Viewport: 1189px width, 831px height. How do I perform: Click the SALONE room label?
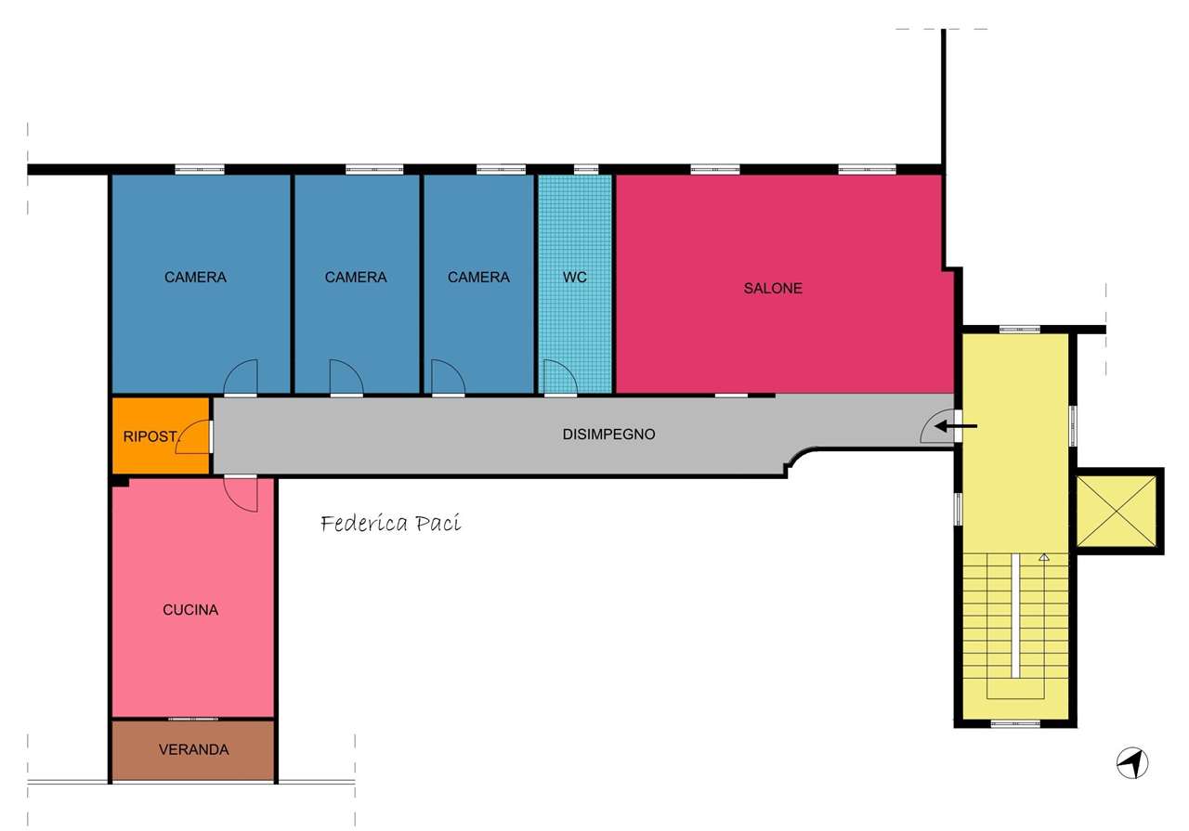(772, 288)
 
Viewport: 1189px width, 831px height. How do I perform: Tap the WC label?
(575, 277)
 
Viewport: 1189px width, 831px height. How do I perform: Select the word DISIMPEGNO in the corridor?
(608, 435)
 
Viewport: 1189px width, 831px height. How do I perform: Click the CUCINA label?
(190, 610)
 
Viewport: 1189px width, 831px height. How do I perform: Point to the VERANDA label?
(194, 749)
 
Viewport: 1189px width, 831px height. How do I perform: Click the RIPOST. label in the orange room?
(150, 436)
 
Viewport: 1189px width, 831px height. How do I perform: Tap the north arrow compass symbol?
(1132, 763)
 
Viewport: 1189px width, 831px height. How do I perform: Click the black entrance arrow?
(956, 425)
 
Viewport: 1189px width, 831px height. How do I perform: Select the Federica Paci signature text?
(391, 524)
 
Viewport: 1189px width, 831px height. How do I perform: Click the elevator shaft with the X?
(1117, 511)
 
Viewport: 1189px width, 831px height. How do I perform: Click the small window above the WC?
(586, 169)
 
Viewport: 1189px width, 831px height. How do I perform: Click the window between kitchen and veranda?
(193, 719)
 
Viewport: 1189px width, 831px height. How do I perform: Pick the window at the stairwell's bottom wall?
(1015, 723)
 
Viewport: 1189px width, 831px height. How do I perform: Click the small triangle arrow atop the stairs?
(1044, 557)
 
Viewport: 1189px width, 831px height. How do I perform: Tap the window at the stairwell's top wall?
(1020, 330)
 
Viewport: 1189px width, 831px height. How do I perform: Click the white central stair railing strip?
(1015, 616)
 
